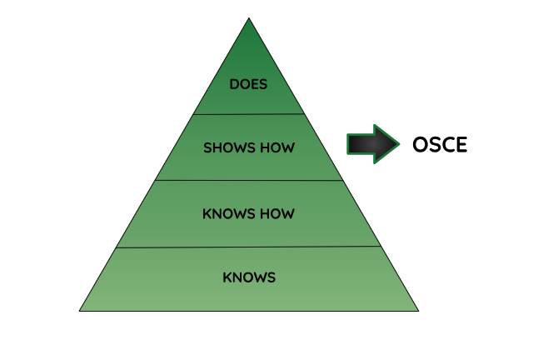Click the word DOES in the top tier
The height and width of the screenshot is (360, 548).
(x=248, y=84)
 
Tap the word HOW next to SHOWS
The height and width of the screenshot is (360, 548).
(x=277, y=147)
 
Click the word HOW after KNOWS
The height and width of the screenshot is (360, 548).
(x=277, y=214)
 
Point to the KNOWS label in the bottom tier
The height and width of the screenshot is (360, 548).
(x=249, y=277)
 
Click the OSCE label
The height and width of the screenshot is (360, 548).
(x=440, y=144)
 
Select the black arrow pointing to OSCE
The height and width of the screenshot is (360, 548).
(x=373, y=144)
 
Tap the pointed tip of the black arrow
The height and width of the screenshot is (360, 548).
(x=400, y=144)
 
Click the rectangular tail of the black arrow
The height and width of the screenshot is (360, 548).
(x=361, y=144)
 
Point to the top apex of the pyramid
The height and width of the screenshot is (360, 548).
(x=249, y=17)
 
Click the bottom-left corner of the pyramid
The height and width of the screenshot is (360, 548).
(x=80, y=311)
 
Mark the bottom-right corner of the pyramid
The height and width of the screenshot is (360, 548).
(x=418, y=311)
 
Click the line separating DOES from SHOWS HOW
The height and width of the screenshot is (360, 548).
(x=249, y=114)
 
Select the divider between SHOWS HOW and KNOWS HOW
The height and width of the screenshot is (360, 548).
(x=249, y=181)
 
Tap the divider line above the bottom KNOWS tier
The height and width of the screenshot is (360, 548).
(x=248, y=247)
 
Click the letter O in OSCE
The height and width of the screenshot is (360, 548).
(x=421, y=144)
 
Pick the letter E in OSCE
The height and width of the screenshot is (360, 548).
(x=462, y=144)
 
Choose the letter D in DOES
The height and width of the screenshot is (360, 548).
(x=235, y=84)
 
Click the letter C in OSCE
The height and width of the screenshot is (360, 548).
(x=448, y=144)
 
